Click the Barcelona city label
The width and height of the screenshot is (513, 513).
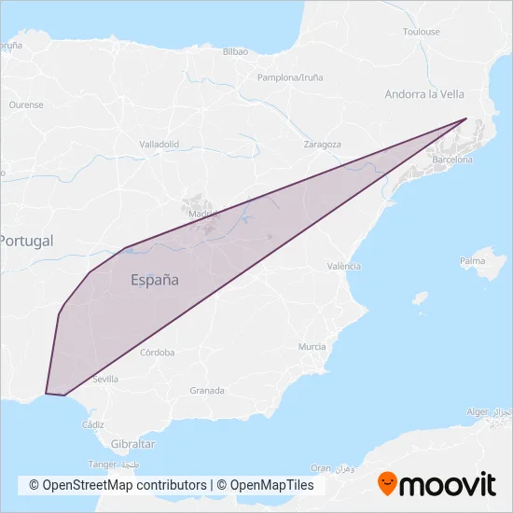pyautogui.click(x=452, y=160)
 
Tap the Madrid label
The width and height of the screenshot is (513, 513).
pyautogui.click(x=202, y=214)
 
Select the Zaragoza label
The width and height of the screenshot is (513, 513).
pyautogui.click(x=323, y=145)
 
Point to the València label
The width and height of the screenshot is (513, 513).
pyautogui.click(x=344, y=266)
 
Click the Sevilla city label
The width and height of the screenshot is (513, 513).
pyautogui.click(x=105, y=380)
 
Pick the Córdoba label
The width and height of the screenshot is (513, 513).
pyautogui.click(x=157, y=353)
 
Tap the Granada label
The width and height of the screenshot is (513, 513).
pyautogui.click(x=206, y=390)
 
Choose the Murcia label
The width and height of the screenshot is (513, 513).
pyautogui.click(x=312, y=346)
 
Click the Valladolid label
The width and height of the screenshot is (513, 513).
pyautogui.click(x=159, y=145)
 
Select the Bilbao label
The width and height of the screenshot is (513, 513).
pyautogui.click(x=235, y=52)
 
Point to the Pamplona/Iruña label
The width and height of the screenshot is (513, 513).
pyautogui.click(x=289, y=78)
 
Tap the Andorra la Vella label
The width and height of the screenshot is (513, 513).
pyautogui.click(x=424, y=94)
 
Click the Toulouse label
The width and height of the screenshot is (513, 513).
pyautogui.click(x=421, y=32)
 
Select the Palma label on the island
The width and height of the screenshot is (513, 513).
pyautogui.click(x=473, y=260)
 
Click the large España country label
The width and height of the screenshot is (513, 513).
pyautogui.click(x=155, y=279)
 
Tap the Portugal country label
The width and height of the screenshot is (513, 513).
pyautogui.click(x=26, y=241)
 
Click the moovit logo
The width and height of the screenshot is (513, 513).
pyautogui.click(x=437, y=484)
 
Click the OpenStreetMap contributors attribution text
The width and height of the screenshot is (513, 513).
pyautogui.click(x=118, y=485)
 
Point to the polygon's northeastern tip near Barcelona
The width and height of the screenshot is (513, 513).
pyautogui.click(x=466, y=118)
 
